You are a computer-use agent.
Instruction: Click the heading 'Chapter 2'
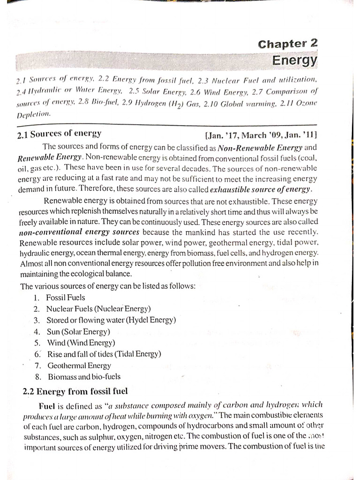tap(287, 44)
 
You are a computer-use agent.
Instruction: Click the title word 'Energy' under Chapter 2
tap(295, 61)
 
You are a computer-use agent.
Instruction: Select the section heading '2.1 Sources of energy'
tap(59, 134)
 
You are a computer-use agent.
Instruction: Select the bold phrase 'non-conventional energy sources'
tap(80, 232)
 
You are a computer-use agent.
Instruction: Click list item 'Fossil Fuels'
tap(66, 297)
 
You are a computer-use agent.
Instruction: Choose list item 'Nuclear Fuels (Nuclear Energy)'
tap(98, 308)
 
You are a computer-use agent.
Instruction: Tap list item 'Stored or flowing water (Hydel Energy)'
tap(111, 320)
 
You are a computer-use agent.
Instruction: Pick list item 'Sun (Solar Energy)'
tap(78, 331)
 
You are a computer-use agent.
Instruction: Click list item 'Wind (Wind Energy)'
tap(81, 343)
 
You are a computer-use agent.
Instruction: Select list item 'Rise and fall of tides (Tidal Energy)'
tap(104, 354)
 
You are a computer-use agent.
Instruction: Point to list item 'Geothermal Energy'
tap(79, 365)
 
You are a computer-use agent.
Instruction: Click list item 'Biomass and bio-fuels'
tap(84, 376)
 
